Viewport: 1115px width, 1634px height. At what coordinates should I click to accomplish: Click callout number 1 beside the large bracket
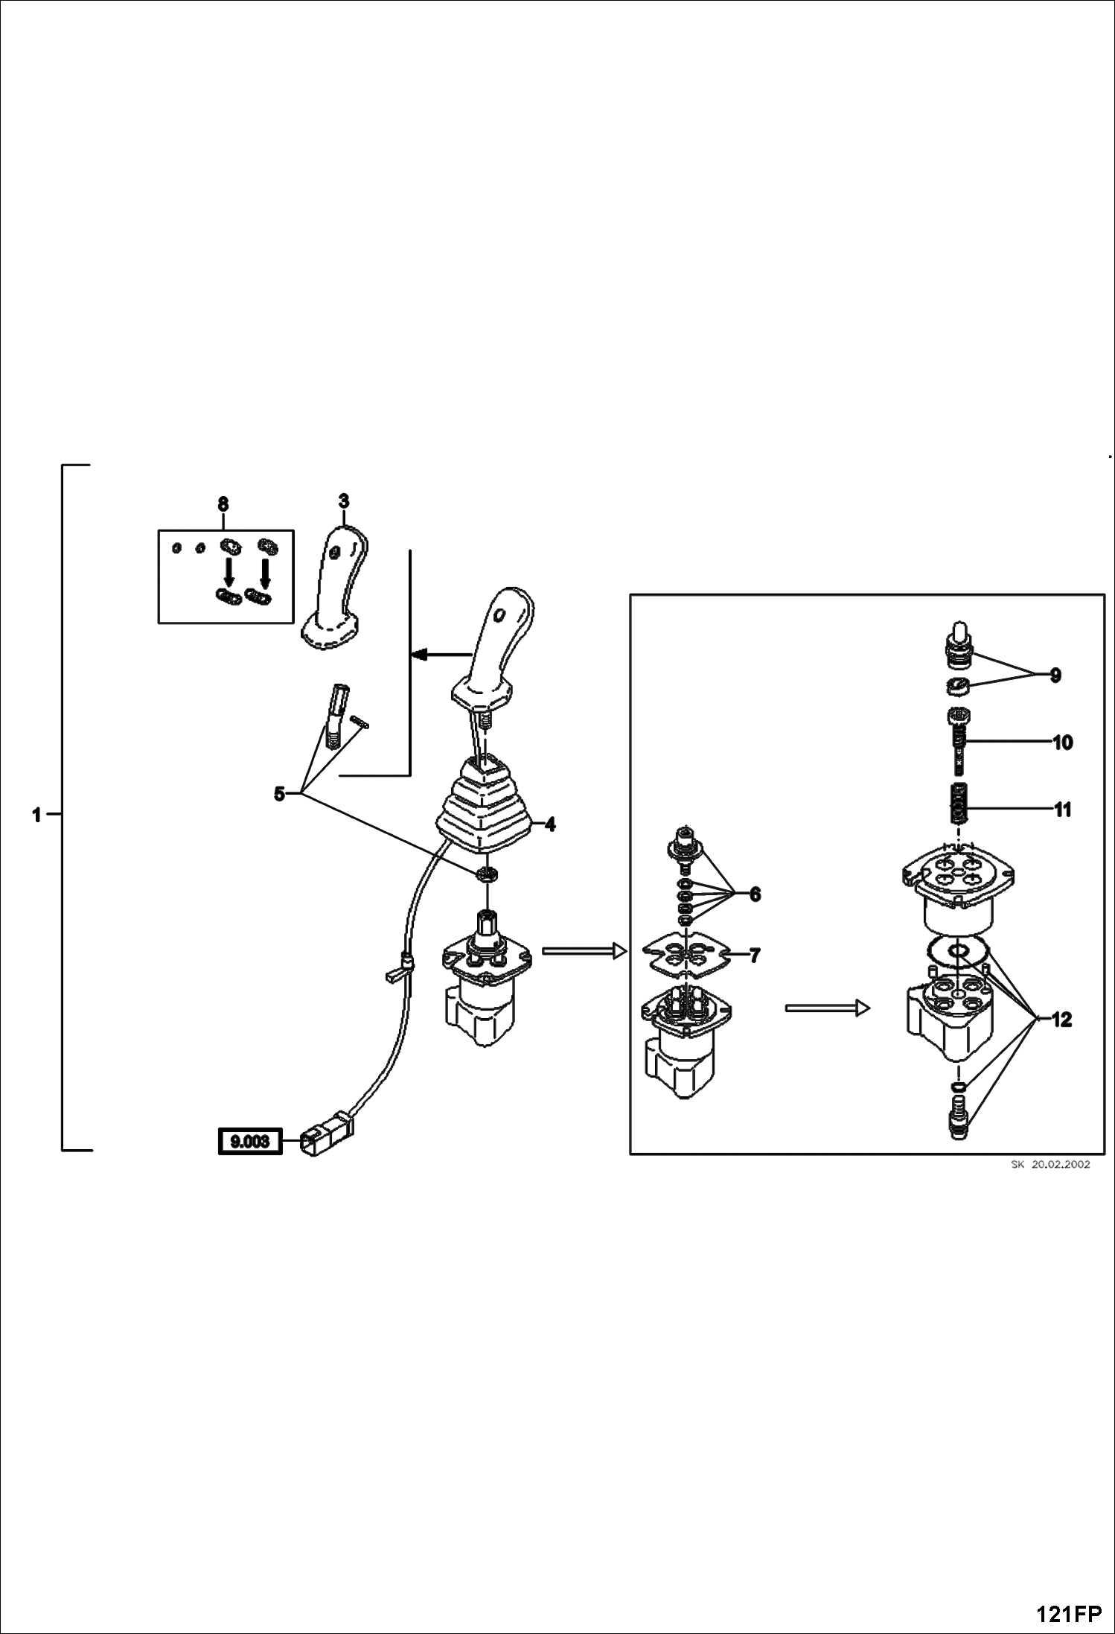click(36, 816)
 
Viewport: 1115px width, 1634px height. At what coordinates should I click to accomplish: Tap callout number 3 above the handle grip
click(343, 501)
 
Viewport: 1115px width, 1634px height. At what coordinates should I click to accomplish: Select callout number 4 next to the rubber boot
click(550, 824)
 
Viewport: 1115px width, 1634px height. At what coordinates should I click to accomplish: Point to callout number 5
click(279, 794)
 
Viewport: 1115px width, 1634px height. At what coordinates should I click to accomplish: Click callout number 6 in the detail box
click(755, 894)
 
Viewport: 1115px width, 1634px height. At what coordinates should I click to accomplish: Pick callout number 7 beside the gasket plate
click(755, 955)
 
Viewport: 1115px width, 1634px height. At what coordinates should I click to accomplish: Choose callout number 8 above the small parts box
click(223, 504)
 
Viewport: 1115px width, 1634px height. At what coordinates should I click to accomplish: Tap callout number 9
click(1055, 675)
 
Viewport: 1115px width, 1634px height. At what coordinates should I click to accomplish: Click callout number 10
click(1063, 743)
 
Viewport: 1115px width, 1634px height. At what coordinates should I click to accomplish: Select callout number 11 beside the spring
click(1063, 810)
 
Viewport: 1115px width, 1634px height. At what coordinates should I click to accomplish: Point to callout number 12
click(1061, 1020)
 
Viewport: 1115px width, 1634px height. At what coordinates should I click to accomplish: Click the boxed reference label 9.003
click(249, 1141)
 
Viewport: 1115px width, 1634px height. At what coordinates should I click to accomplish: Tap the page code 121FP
click(1068, 1615)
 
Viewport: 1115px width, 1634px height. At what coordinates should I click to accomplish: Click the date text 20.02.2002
click(1060, 1165)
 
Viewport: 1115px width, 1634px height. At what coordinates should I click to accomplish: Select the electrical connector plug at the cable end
click(327, 1134)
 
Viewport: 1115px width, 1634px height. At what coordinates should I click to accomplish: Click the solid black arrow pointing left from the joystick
click(441, 655)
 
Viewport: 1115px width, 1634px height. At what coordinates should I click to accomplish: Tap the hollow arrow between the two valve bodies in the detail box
click(828, 1008)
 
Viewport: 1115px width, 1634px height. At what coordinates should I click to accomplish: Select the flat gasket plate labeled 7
click(686, 954)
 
